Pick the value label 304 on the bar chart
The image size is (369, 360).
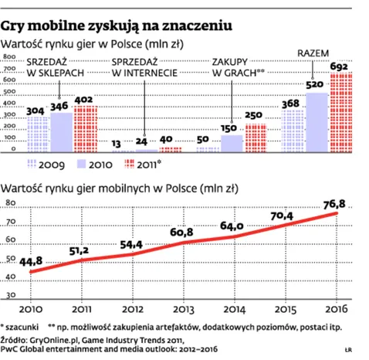[35, 110]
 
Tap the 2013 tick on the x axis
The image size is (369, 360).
[191, 311]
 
